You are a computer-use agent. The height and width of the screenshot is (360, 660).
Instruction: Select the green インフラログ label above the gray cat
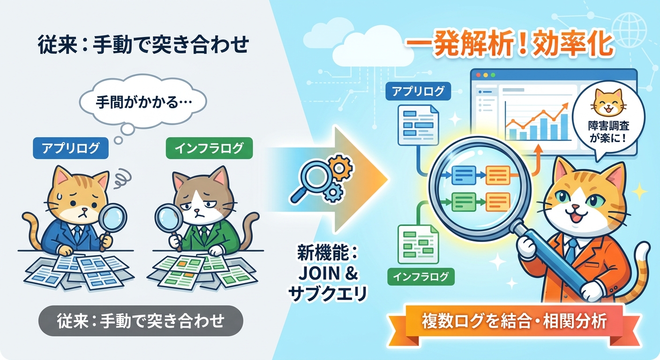pyautogui.click(x=209, y=149)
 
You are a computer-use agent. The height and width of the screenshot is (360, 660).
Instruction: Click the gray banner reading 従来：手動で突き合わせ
pyautogui.click(x=141, y=321)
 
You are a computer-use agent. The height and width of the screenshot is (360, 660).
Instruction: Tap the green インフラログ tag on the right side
pyautogui.click(x=421, y=277)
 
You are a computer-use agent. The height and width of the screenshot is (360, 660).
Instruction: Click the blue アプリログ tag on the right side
pyautogui.click(x=418, y=91)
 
